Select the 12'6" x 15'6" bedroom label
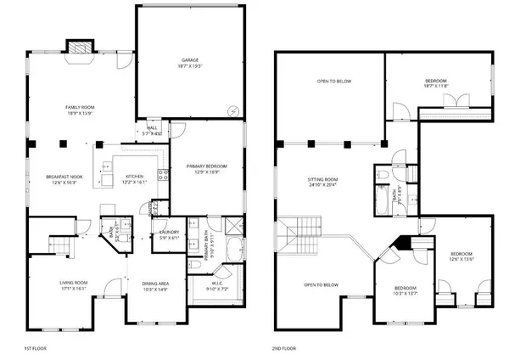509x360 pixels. tap(461, 257)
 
